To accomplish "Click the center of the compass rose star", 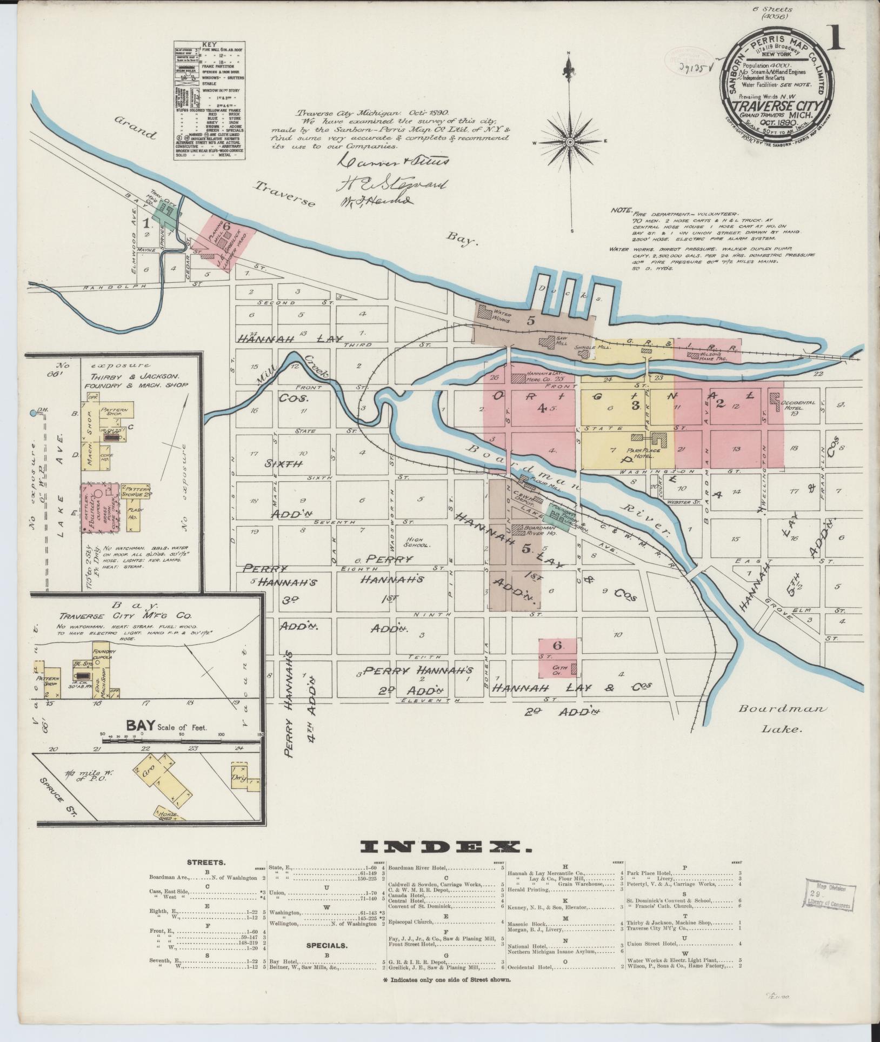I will pyautogui.click(x=570, y=142).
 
